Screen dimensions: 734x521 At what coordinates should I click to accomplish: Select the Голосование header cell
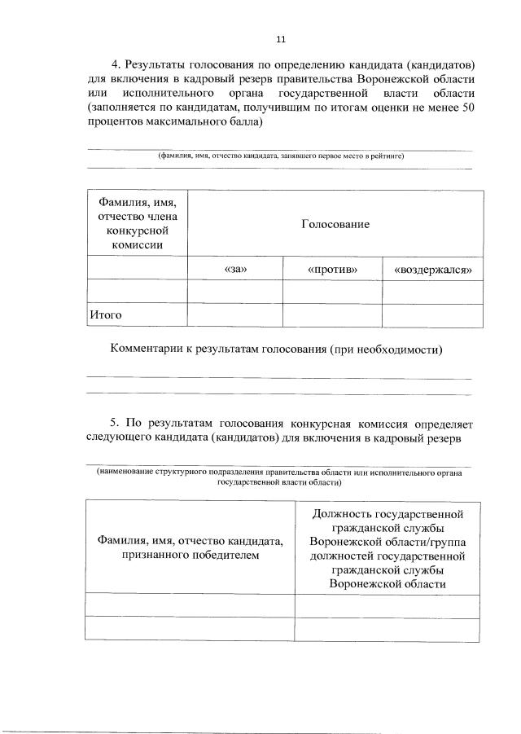coord(335,223)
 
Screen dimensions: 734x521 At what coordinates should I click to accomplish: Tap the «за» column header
coord(234,269)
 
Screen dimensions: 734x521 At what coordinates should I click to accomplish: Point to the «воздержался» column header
coord(432,269)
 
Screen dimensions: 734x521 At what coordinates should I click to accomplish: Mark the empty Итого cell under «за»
coord(234,314)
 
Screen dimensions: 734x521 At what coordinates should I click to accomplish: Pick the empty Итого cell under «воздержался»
coord(432,314)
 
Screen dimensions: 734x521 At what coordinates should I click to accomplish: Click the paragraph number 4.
coord(114,64)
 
